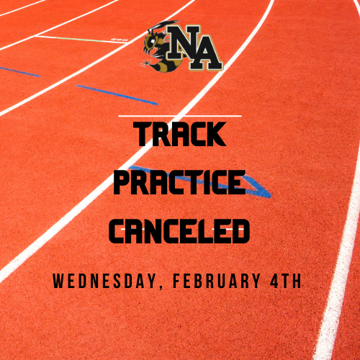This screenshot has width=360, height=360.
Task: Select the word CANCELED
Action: pyautogui.click(x=180, y=230)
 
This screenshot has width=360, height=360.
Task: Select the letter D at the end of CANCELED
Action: pyautogui.click(x=240, y=230)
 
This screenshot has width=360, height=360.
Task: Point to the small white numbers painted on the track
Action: pyautogui.click(x=120, y=40)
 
